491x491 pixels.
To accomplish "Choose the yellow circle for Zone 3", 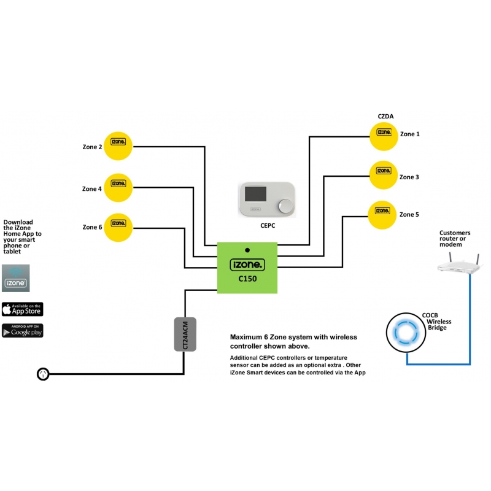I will click(384, 176).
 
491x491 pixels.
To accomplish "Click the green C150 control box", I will click(247, 268).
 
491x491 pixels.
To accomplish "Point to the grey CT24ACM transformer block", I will click(185, 334).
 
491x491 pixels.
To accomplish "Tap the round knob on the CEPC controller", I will click(284, 205).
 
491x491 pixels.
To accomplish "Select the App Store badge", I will click(23, 309).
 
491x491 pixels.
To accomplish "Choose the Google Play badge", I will click(23, 330).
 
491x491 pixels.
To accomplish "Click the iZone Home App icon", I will click(16, 277).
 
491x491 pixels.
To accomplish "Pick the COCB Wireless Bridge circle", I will click(406, 332).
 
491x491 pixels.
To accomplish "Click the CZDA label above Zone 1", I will click(385, 116).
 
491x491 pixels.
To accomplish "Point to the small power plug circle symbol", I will click(43, 374).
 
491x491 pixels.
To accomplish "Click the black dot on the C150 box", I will click(247, 250).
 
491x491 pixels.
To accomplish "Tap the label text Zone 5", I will click(409, 214).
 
